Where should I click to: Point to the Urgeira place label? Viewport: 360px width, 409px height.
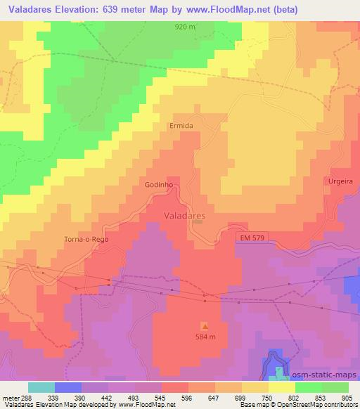(x=340, y=181)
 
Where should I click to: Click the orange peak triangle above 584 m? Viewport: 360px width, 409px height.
(x=205, y=326)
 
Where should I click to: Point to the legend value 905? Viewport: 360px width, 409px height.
(x=348, y=397)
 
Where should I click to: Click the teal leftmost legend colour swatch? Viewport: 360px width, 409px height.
(x=41, y=387)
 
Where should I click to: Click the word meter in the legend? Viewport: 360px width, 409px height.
(x=8, y=397)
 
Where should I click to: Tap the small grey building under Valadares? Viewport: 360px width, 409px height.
(x=198, y=222)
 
